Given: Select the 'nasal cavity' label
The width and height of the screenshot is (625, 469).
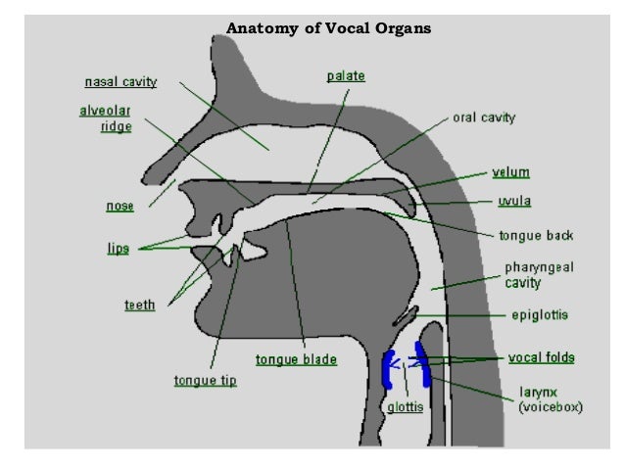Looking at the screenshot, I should click(120, 81).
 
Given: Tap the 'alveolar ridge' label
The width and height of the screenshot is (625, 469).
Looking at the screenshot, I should click(105, 118).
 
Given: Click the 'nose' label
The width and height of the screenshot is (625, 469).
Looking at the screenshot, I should click(120, 207).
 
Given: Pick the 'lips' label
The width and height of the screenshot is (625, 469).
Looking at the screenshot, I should click(119, 249).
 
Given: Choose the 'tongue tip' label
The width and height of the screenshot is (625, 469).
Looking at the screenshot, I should click(204, 380).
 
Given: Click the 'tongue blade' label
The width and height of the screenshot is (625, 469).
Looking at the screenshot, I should click(296, 360).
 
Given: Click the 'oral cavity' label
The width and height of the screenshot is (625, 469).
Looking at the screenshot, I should click(483, 117).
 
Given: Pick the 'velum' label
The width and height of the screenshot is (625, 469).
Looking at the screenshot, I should click(511, 172).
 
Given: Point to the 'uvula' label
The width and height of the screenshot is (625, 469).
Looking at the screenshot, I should click(514, 203).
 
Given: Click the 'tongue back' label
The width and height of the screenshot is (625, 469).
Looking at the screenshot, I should click(536, 236).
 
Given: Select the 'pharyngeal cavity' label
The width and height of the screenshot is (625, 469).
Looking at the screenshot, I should click(536, 274).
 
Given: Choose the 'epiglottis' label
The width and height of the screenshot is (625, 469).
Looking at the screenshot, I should click(540, 315).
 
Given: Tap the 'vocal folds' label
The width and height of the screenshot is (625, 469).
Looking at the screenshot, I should click(541, 357).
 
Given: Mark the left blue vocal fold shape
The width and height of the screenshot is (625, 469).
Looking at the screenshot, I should click(388, 369).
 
